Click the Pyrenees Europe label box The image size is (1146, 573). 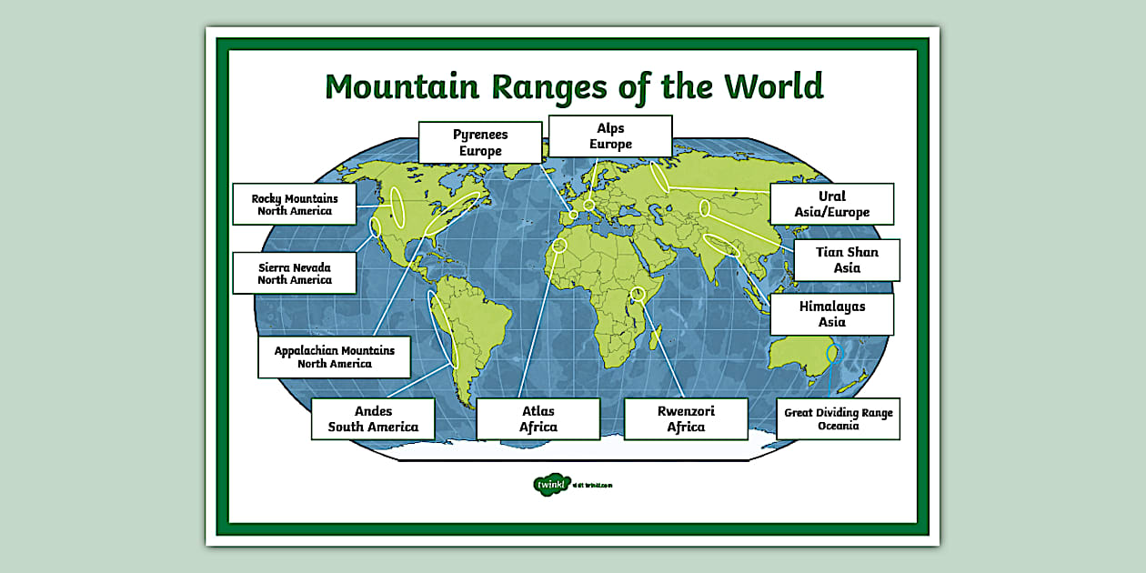pos(480,142)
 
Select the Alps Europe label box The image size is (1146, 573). pos(610,136)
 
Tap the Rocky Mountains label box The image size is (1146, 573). pos(295,205)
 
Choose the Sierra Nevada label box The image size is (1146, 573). pos(294,273)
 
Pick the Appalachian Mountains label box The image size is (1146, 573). pos(334,357)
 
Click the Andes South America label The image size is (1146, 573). pos(373,418)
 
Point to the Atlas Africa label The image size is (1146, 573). pos(538,418)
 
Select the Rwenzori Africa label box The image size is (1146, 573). pos(686,418)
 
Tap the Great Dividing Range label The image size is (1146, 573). pos(838,418)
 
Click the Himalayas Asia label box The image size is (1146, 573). pos(831,314)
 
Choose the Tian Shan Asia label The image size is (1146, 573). pos(846,260)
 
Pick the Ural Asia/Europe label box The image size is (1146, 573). pos(831,204)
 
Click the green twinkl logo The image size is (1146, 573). pos(551,485)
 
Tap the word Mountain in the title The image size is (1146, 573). pos(402,86)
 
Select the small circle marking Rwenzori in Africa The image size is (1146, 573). pos(638,294)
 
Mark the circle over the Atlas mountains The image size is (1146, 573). pos(559,245)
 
